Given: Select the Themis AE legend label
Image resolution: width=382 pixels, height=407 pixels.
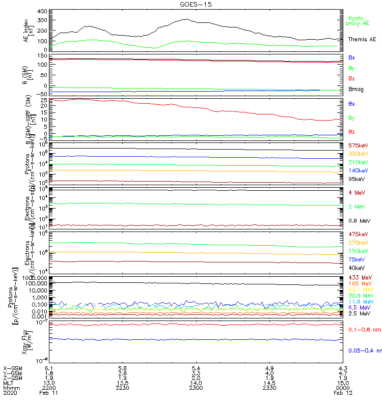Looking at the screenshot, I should pyautogui.click(x=362, y=39).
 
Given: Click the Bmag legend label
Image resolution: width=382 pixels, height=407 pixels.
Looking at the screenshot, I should pyautogui.click(x=356, y=90).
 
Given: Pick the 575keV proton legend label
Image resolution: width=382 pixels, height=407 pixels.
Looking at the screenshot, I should pyautogui.click(x=358, y=146).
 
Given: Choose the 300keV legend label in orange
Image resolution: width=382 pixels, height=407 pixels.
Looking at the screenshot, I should pyautogui.click(x=358, y=154).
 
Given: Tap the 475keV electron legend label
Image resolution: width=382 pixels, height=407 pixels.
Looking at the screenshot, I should pyautogui.click(x=358, y=234).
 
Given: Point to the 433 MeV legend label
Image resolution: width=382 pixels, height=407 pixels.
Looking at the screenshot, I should pyautogui.click(x=359, y=277).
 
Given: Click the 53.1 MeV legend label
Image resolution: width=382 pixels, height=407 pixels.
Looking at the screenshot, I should pyautogui.click(x=359, y=289).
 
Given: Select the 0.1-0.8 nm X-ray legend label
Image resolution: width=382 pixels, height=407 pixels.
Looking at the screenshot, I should pyautogui.click(x=362, y=330).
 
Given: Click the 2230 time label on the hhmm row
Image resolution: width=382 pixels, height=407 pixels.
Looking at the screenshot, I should pyautogui.click(x=122, y=387).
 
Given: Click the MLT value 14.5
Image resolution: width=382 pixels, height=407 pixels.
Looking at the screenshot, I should pyautogui.click(x=270, y=381).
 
